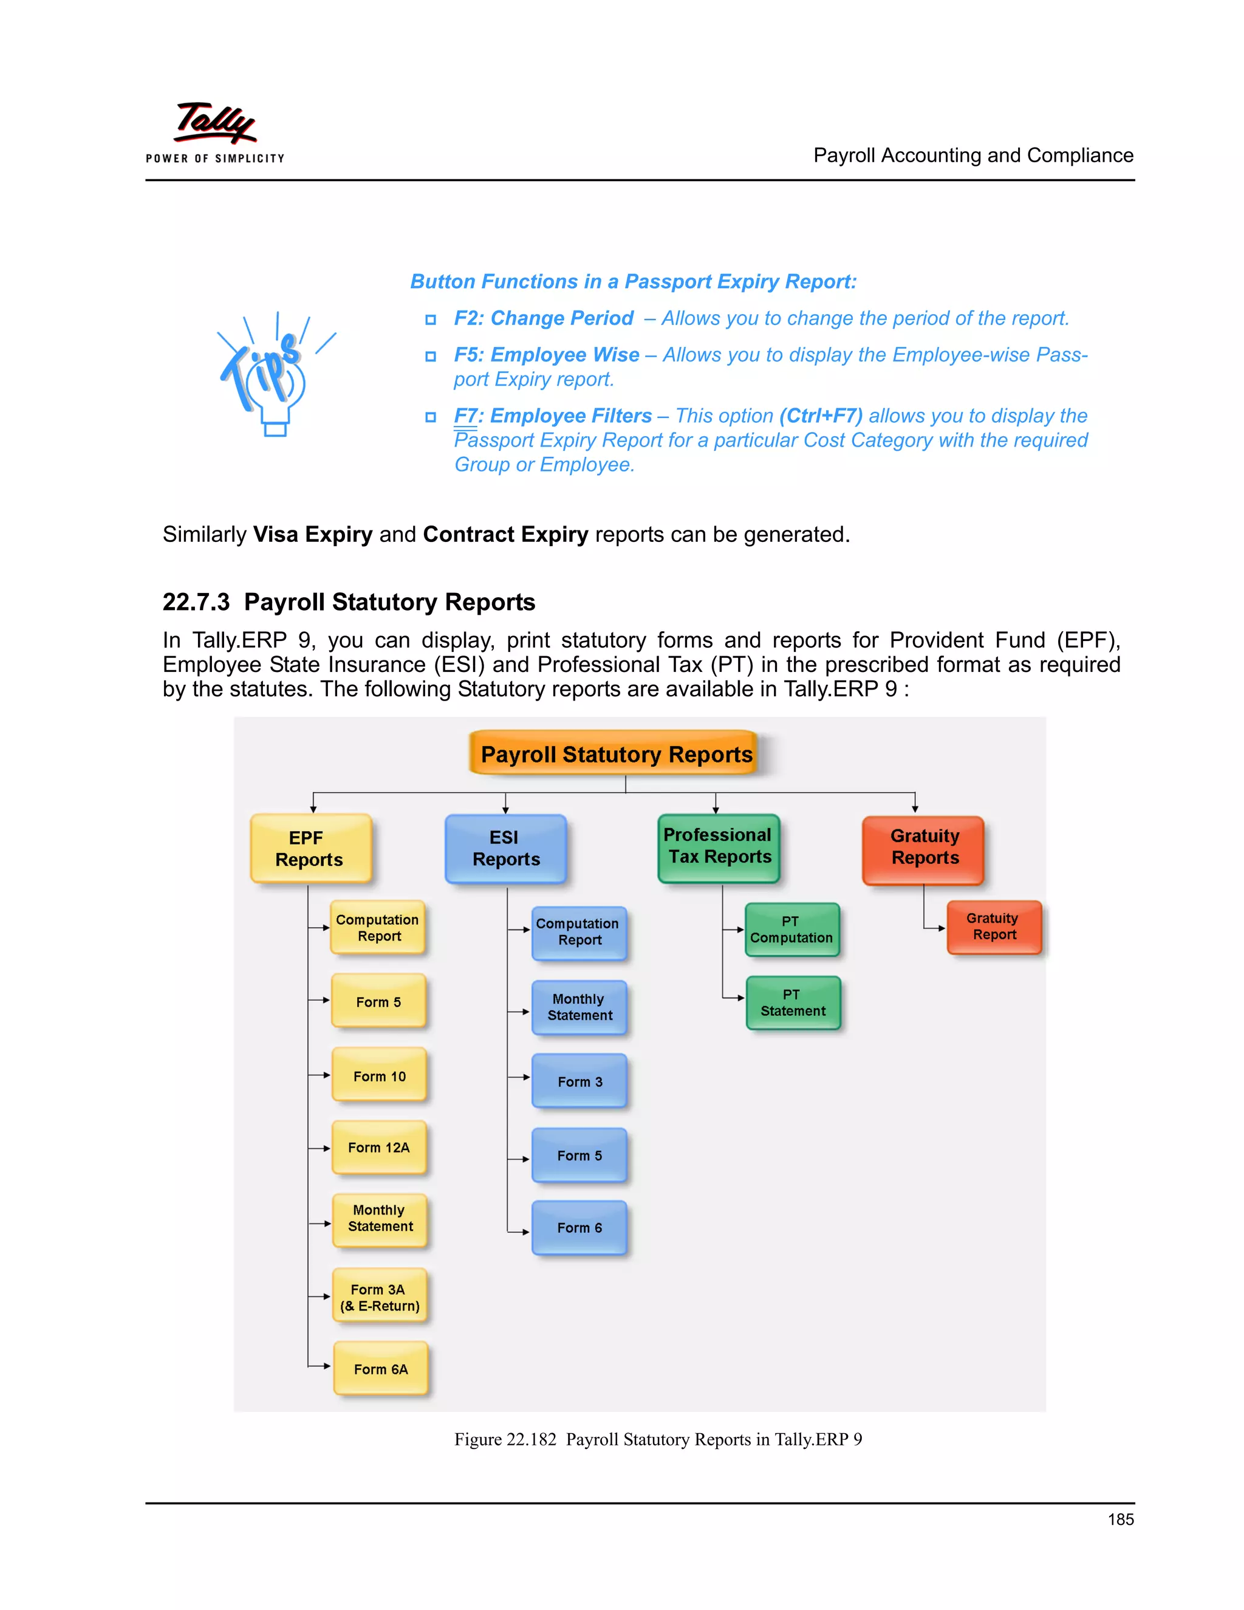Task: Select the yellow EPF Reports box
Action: point(310,849)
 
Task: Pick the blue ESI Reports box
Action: point(505,849)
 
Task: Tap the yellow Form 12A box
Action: point(379,1147)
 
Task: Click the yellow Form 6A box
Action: point(380,1369)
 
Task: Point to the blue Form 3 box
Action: point(579,1081)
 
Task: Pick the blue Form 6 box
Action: point(579,1227)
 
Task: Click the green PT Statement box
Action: point(792,1003)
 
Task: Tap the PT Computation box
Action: point(791,930)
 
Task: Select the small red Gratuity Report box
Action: point(993,927)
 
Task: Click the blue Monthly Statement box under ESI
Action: point(579,1007)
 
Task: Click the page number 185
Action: point(1120,1519)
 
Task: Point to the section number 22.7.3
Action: point(196,602)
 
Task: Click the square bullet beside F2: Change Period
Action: point(431,320)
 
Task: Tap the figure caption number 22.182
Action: point(531,1439)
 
